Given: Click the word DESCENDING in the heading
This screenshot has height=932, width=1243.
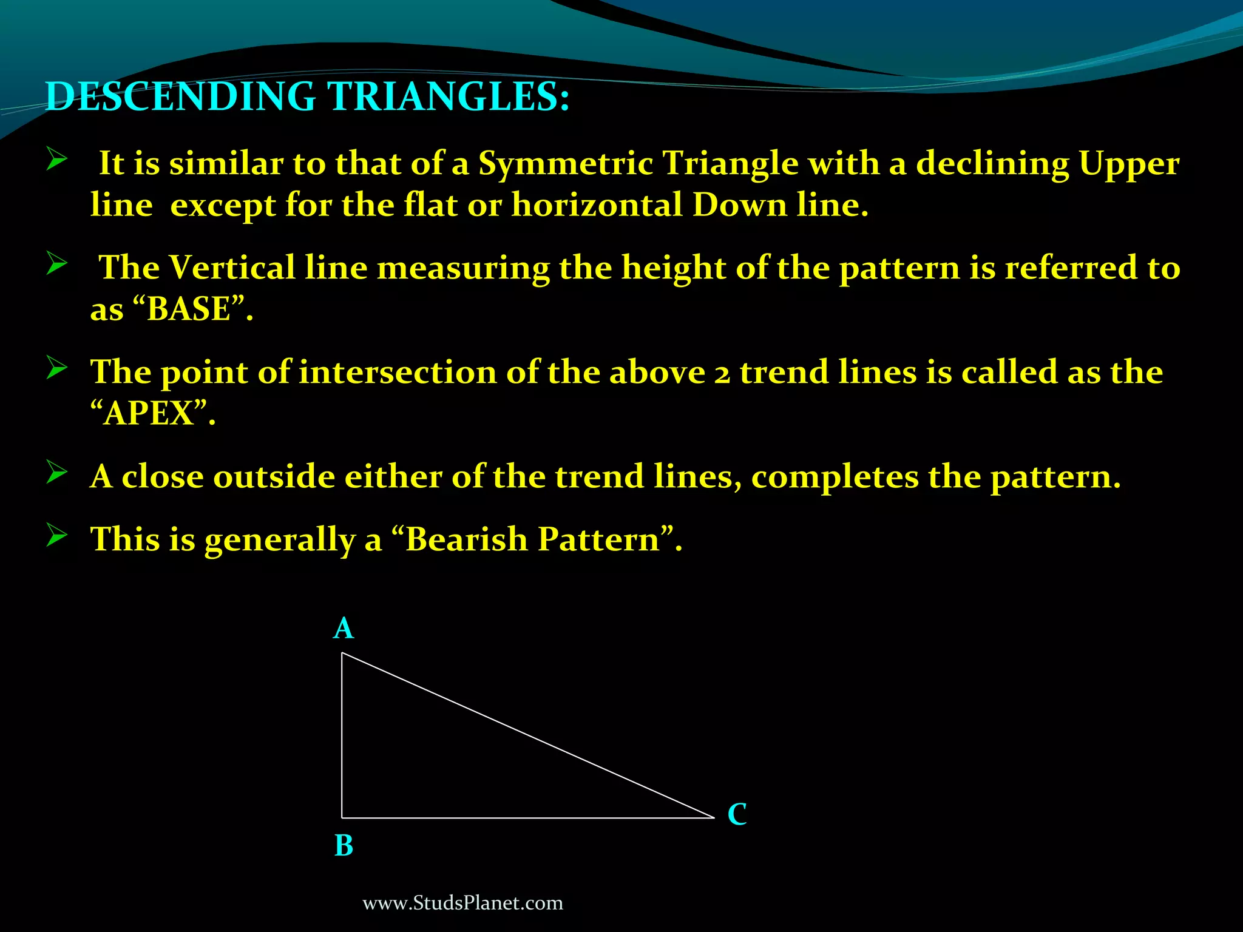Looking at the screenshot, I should pyautogui.click(x=180, y=97).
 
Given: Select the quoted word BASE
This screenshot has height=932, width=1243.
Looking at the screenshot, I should pyautogui.click(x=189, y=309).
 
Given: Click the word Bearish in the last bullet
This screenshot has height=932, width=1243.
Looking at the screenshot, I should pyautogui.click(x=467, y=539).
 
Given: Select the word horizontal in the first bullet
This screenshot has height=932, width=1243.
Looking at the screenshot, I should pyautogui.click(x=597, y=205).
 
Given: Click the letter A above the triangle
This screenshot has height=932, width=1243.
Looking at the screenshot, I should pyautogui.click(x=344, y=629).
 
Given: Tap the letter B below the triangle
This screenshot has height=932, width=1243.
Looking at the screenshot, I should pyautogui.click(x=344, y=845).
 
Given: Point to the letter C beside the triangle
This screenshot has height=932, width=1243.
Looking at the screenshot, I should pyautogui.click(x=737, y=814).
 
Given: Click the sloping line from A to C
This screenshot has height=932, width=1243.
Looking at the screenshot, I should pyautogui.click(x=528, y=735).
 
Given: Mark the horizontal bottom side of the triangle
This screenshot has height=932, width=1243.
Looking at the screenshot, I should pyautogui.click(x=528, y=817).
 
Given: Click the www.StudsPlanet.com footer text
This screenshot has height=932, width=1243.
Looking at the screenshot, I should pyautogui.click(x=462, y=903).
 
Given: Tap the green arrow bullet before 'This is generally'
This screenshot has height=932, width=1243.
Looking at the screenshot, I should pyautogui.click(x=56, y=536).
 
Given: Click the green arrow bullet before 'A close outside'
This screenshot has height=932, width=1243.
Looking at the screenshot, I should pyautogui.click(x=56, y=473).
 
